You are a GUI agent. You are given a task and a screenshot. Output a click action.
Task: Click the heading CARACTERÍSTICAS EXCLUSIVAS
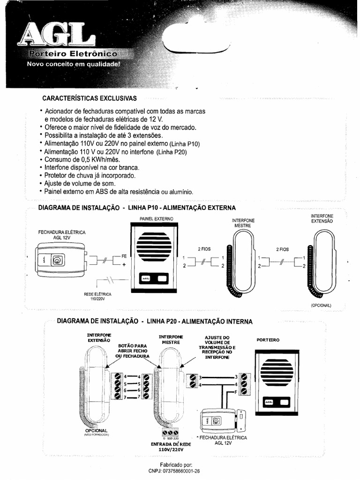click(90, 98)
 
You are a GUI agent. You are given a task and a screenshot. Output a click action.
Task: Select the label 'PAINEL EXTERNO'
click(156, 219)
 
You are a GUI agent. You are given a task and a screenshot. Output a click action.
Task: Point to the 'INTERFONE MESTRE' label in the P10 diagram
click(243, 223)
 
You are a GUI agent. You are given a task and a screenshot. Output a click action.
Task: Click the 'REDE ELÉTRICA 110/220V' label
click(98, 296)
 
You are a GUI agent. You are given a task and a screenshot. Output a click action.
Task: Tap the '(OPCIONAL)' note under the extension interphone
click(321, 305)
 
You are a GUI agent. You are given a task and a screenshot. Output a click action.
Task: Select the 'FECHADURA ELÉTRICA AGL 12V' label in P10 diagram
click(62, 234)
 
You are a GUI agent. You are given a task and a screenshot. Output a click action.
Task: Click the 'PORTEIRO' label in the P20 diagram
click(268, 339)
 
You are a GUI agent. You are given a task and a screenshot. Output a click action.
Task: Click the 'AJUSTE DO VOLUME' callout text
click(217, 347)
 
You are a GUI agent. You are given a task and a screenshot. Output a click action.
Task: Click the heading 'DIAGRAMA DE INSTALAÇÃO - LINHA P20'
click(154, 322)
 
